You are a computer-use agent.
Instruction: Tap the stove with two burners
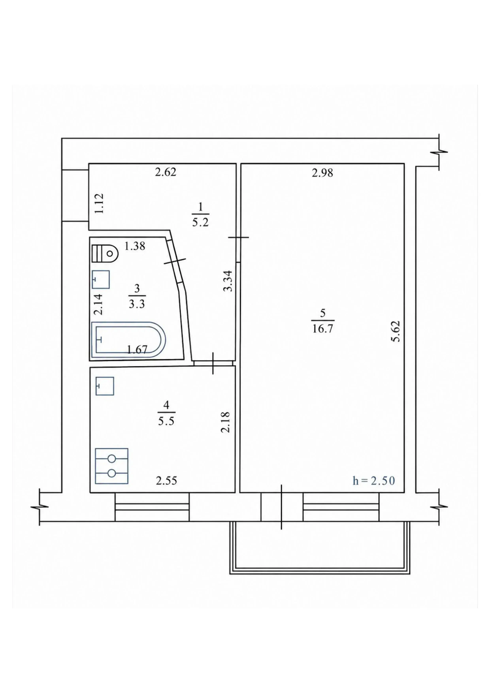pos(112,466)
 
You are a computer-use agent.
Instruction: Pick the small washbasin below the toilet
pos(101,279)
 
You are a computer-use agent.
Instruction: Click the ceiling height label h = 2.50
pos(374,481)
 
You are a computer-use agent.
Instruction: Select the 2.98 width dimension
pos(322,173)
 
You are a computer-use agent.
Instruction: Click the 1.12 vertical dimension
pos(99,203)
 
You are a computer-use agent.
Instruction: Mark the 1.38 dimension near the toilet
pos(135,246)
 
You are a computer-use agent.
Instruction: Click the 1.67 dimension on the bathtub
pos(137,350)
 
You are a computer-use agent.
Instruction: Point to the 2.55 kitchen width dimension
pos(166,480)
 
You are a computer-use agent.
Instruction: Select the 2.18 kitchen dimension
pos(225,422)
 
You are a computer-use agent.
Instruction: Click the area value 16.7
pos(322,328)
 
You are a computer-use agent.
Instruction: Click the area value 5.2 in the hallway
pos(201,223)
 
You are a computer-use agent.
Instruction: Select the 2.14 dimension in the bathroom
pos(99,305)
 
